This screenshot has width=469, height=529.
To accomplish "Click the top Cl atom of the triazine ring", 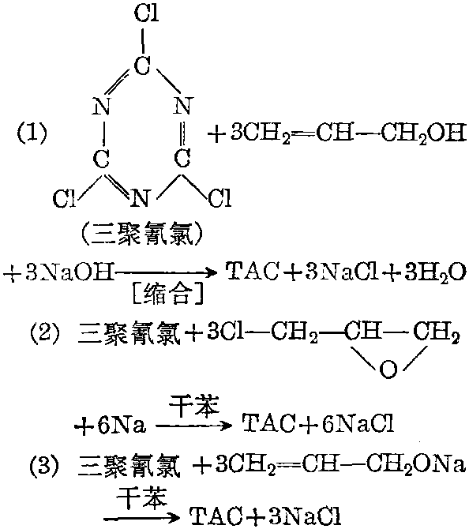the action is coord(146,13).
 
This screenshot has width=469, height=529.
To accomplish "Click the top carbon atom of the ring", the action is coord(141,65).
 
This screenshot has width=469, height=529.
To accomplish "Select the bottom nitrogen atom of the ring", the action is coord(141,198).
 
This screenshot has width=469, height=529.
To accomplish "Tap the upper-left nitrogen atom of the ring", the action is coord(101,107).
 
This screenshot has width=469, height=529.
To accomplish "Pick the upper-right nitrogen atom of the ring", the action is coord(183,105).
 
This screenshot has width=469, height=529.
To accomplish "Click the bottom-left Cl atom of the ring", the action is coord(64,198).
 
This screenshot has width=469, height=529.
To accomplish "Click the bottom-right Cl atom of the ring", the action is coord(220,197).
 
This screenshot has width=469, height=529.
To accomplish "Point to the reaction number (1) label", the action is coord(32,133).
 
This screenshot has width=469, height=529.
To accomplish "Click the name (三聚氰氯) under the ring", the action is coord(141,234).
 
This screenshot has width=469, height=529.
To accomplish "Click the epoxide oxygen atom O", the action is coord(388,369).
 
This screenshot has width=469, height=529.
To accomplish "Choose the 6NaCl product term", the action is coord(358,423).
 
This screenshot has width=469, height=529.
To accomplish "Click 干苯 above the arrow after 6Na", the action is coord(194,405).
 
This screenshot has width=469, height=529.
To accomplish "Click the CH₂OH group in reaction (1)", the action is coord(424,134).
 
